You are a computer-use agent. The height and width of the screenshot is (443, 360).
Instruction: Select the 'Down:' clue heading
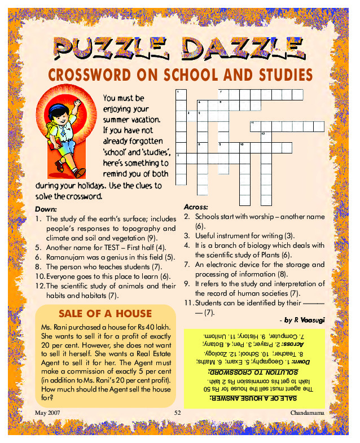coord(46,208)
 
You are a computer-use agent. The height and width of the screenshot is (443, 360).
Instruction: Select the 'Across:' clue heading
coord(196,207)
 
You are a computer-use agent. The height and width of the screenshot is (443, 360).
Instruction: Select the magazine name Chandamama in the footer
coord(308,414)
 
